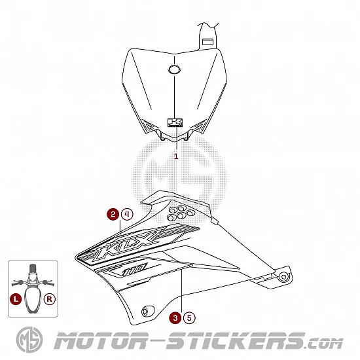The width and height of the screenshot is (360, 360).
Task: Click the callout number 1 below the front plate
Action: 176,156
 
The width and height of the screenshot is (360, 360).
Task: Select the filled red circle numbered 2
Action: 113,215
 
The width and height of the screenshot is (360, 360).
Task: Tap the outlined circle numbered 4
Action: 127,215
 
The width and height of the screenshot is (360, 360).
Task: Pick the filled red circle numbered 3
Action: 175,318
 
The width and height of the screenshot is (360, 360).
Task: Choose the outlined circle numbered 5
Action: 189,318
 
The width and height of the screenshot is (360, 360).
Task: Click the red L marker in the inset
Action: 16,299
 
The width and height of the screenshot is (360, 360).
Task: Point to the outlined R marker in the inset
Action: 49,299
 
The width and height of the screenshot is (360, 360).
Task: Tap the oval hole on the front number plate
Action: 174,69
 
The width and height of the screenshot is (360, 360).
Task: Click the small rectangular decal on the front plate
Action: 175,122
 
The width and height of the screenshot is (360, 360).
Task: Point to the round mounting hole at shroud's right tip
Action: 284,277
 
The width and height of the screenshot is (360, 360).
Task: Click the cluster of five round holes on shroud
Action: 181,213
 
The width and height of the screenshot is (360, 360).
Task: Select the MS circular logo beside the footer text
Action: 29,340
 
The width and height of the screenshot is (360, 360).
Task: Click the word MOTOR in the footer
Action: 102,341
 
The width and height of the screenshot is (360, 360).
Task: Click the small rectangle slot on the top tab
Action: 207,42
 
